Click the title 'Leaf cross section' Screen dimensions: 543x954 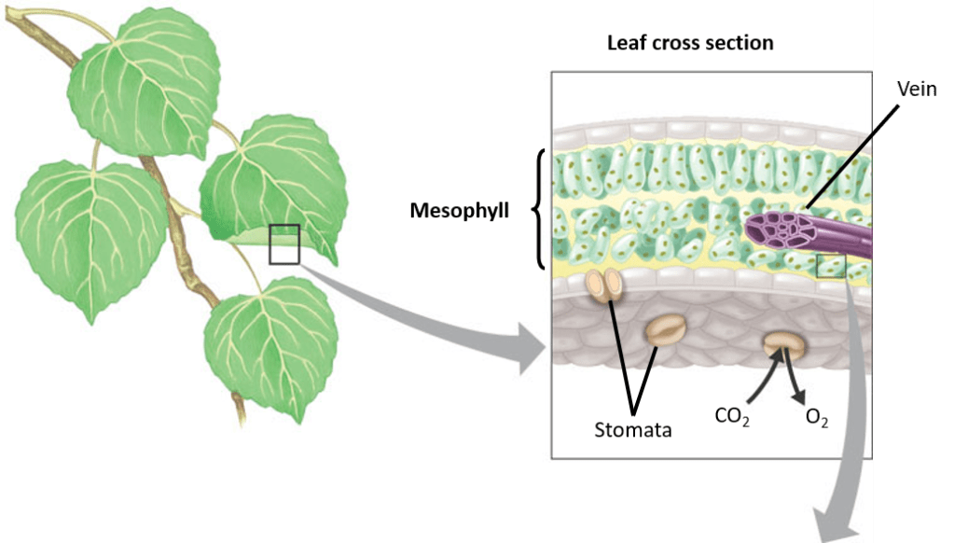click(x=689, y=43)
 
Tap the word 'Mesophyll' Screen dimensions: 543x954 click(x=460, y=210)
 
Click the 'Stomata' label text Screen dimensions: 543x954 click(x=633, y=431)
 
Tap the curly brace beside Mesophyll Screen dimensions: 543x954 click(x=538, y=209)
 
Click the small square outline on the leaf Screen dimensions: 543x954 click(x=284, y=244)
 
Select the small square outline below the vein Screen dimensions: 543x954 click(x=830, y=266)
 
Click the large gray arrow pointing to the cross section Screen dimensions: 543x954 click(x=438, y=317)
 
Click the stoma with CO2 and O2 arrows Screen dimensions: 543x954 click(x=784, y=346)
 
